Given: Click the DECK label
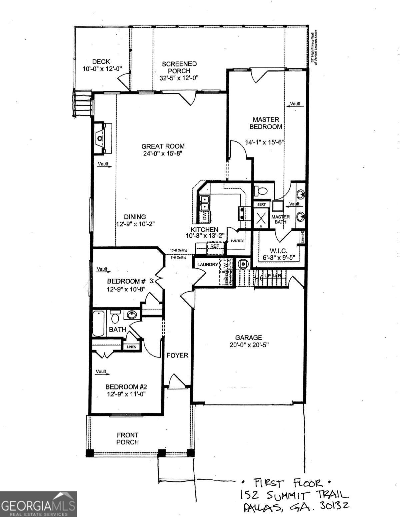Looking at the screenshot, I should pyautogui.click(x=101, y=62).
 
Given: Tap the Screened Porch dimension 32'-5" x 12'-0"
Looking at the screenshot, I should pyautogui.click(x=179, y=78).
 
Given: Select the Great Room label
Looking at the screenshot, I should pyautogui.click(x=163, y=146).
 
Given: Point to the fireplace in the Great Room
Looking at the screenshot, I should pyautogui.click(x=100, y=137).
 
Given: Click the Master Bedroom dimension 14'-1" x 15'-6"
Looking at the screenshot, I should pyautogui.click(x=264, y=142).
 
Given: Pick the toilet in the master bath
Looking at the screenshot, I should pyautogui.click(x=261, y=191).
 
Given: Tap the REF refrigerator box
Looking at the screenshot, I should pyautogui.click(x=215, y=246).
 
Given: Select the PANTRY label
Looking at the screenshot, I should pyautogui.click(x=237, y=241).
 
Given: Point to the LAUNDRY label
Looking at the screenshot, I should pyautogui.click(x=207, y=264).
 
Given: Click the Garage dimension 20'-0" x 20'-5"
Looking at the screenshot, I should pyautogui.click(x=249, y=345).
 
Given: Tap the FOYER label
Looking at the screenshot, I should pyautogui.click(x=177, y=355).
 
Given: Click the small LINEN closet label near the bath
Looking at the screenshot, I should pyautogui.click(x=131, y=347).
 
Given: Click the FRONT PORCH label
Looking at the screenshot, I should pyautogui.click(x=127, y=438).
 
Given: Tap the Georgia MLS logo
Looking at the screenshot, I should pyautogui.click(x=38, y=504).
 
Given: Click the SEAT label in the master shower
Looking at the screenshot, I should pyautogui.click(x=261, y=204).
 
